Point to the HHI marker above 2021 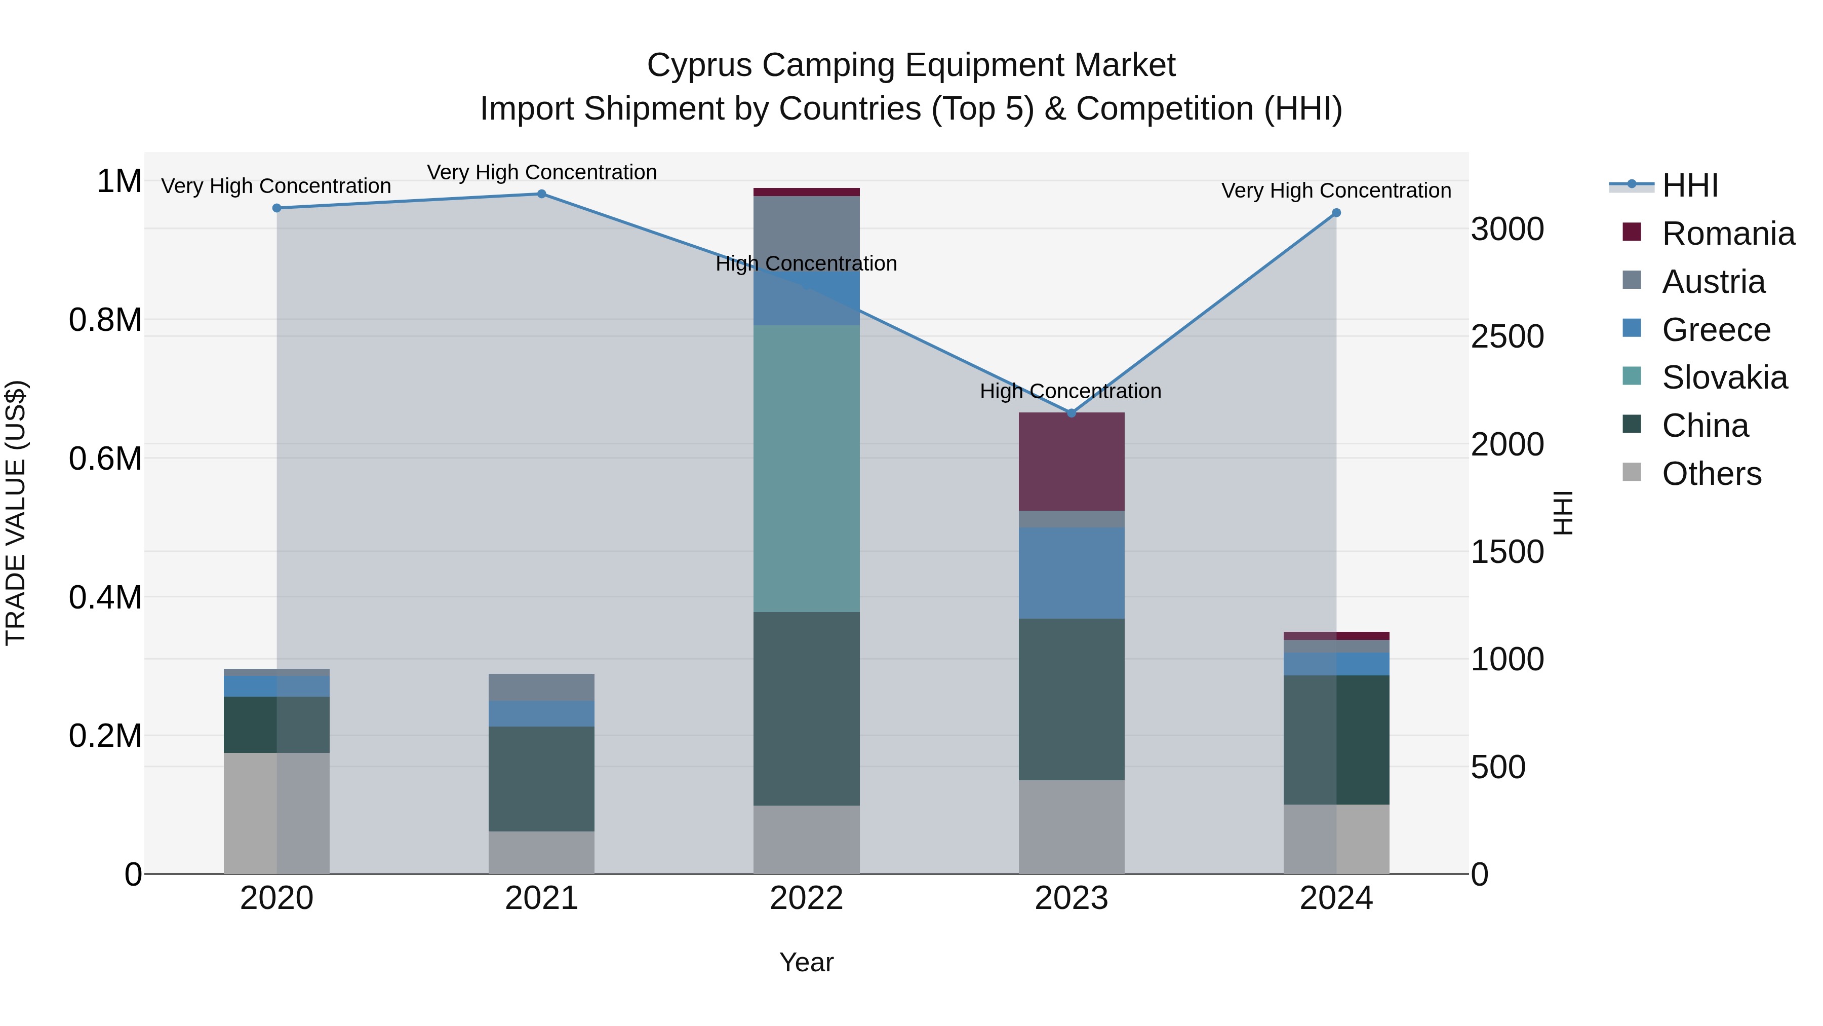point(541,194)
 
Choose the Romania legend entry point(1727,234)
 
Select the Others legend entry point(1711,474)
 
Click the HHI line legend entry point(1688,185)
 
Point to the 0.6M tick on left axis point(105,459)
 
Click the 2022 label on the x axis point(806,898)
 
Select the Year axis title point(806,962)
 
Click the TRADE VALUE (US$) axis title point(16,513)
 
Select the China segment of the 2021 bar point(541,778)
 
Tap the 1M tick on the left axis point(119,181)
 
